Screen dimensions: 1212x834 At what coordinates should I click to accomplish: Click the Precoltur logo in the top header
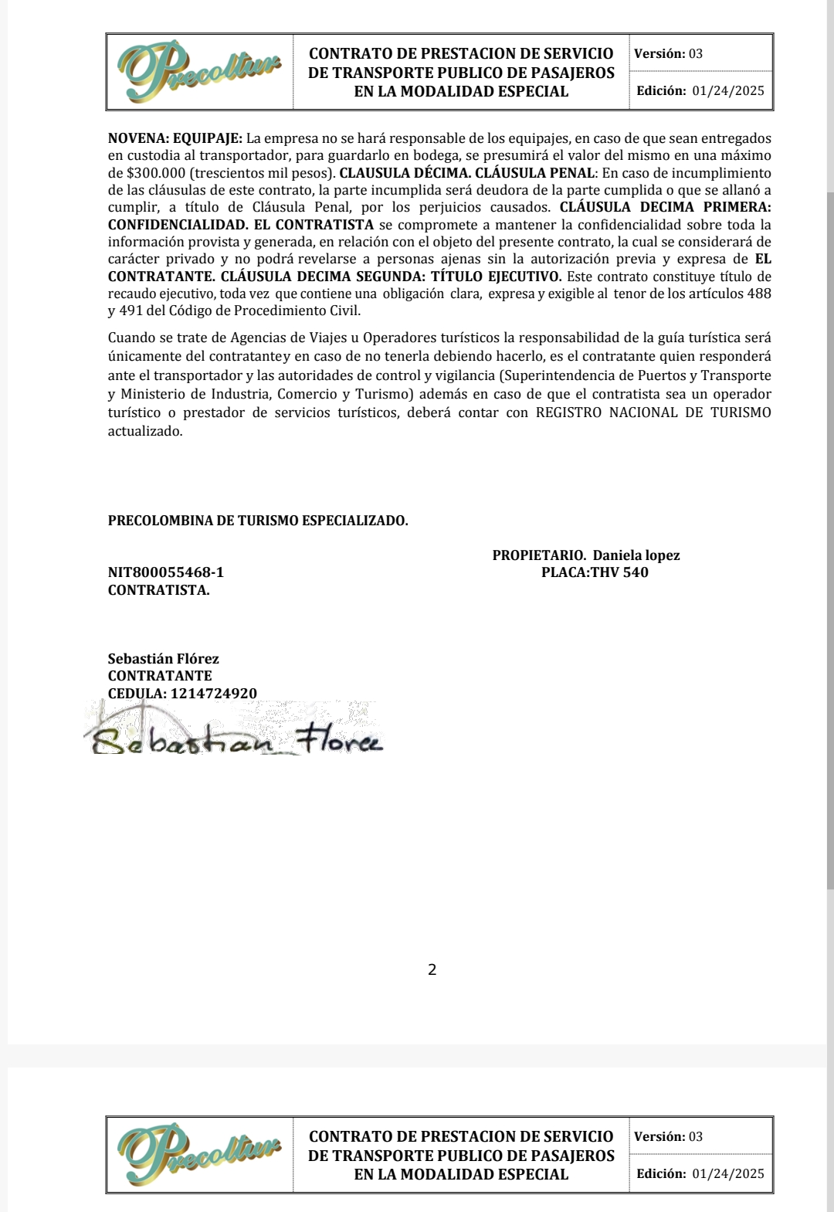tap(199, 71)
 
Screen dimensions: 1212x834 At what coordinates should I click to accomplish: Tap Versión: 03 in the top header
tap(668, 53)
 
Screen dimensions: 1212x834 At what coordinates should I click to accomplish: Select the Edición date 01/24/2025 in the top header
tap(727, 90)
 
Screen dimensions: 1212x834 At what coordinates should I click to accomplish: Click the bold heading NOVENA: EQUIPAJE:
tap(175, 138)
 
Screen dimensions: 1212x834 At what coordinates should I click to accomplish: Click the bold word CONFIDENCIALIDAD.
tap(178, 225)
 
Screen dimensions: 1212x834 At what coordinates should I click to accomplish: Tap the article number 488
tap(759, 294)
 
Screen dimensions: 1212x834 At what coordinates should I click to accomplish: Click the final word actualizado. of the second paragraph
tap(145, 431)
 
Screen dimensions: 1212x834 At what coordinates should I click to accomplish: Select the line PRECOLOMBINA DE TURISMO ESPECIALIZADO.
tap(258, 521)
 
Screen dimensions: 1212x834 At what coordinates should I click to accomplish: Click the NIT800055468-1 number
tap(166, 572)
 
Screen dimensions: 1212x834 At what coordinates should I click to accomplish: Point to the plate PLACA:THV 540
tap(595, 572)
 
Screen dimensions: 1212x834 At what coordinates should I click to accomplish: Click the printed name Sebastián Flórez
tap(163, 659)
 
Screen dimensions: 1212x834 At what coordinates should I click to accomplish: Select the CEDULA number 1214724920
tap(214, 693)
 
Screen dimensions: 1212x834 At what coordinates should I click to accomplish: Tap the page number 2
tap(432, 969)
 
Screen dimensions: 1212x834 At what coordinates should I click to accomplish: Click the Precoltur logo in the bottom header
tap(199, 1154)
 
